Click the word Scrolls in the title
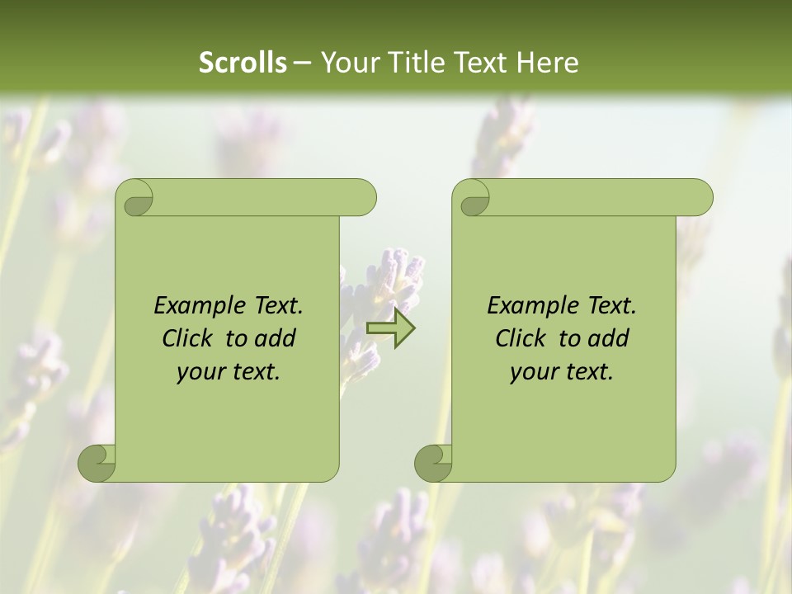pos(243,63)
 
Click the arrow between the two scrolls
pos(390,328)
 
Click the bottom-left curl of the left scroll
pos(97,463)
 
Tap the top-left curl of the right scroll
pos(474,199)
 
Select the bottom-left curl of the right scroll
pos(433,463)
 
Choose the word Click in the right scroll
pos(520,338)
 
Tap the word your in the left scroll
pos(200,372)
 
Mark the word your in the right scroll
pos(533,372)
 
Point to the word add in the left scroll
pos(276,338)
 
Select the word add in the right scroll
pos(609,338)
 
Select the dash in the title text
pos(302,63)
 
